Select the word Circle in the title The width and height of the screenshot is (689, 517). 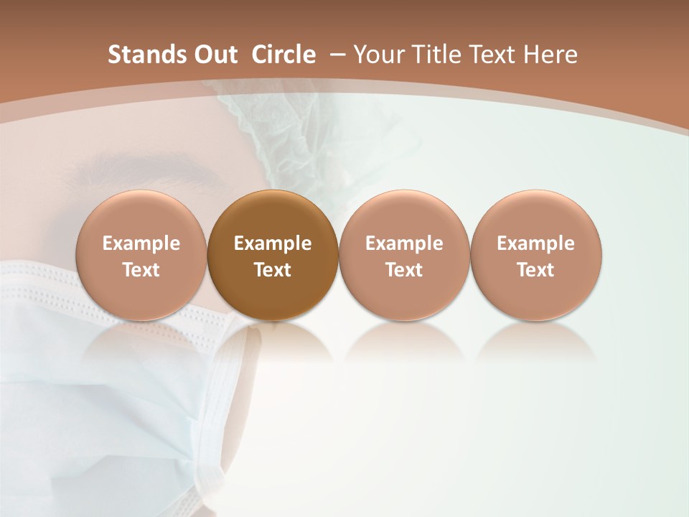(283, 55)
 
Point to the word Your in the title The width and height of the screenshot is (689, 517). (378, 55)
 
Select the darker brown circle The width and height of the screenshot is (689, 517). (272, 256)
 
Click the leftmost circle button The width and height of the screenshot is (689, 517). (141, 256)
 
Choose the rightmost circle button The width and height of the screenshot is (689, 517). (535, 256)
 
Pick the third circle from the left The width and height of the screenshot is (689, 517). (404, 256)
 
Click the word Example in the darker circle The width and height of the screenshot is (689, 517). (273, 243)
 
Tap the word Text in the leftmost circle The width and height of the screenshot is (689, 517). (141, 270)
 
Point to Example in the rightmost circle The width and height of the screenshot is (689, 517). (535, 243)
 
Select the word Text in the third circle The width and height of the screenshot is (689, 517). (404, 270)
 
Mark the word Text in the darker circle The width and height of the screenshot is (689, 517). (273, 270)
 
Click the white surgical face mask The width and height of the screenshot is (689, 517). (108, 388)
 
